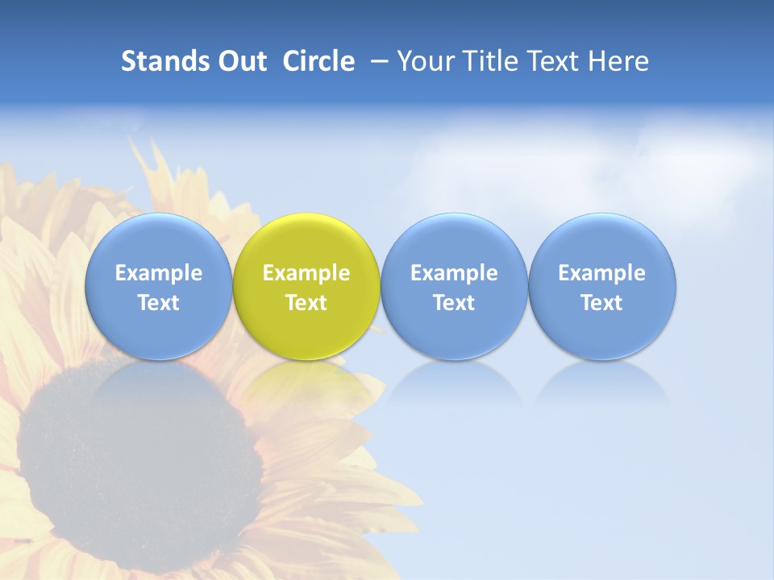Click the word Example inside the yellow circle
pos(306,273)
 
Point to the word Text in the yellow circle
pos(306,303)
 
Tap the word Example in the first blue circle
pos(158,273)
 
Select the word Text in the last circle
pos(602,303)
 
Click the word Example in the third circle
pos(454,273)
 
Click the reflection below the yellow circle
pos(306,383)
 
